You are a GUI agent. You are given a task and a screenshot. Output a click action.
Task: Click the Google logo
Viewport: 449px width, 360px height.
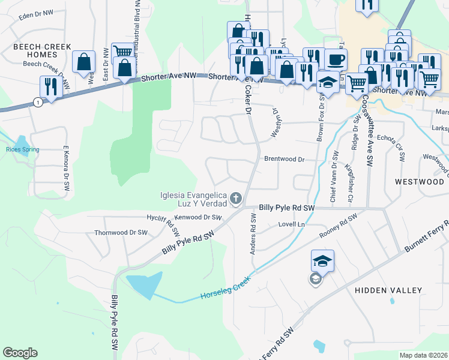pyautogui.click(x=20, y=353)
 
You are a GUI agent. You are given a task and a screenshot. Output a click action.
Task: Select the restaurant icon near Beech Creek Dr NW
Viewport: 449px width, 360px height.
pyautogui.click(x=50, y=87)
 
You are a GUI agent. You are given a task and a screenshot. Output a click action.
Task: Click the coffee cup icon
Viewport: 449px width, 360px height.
pyautogui.click(x=336, y=59)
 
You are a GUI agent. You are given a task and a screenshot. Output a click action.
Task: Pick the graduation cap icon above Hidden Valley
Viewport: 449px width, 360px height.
pyautogui.click(x=322, y=261)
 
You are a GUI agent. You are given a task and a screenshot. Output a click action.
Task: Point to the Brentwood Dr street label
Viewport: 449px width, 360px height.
pyautogui.click(x=285, y=160)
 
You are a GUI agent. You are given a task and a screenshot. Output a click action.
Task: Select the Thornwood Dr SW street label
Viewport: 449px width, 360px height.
pyautogui.click(x=121, y=232)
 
